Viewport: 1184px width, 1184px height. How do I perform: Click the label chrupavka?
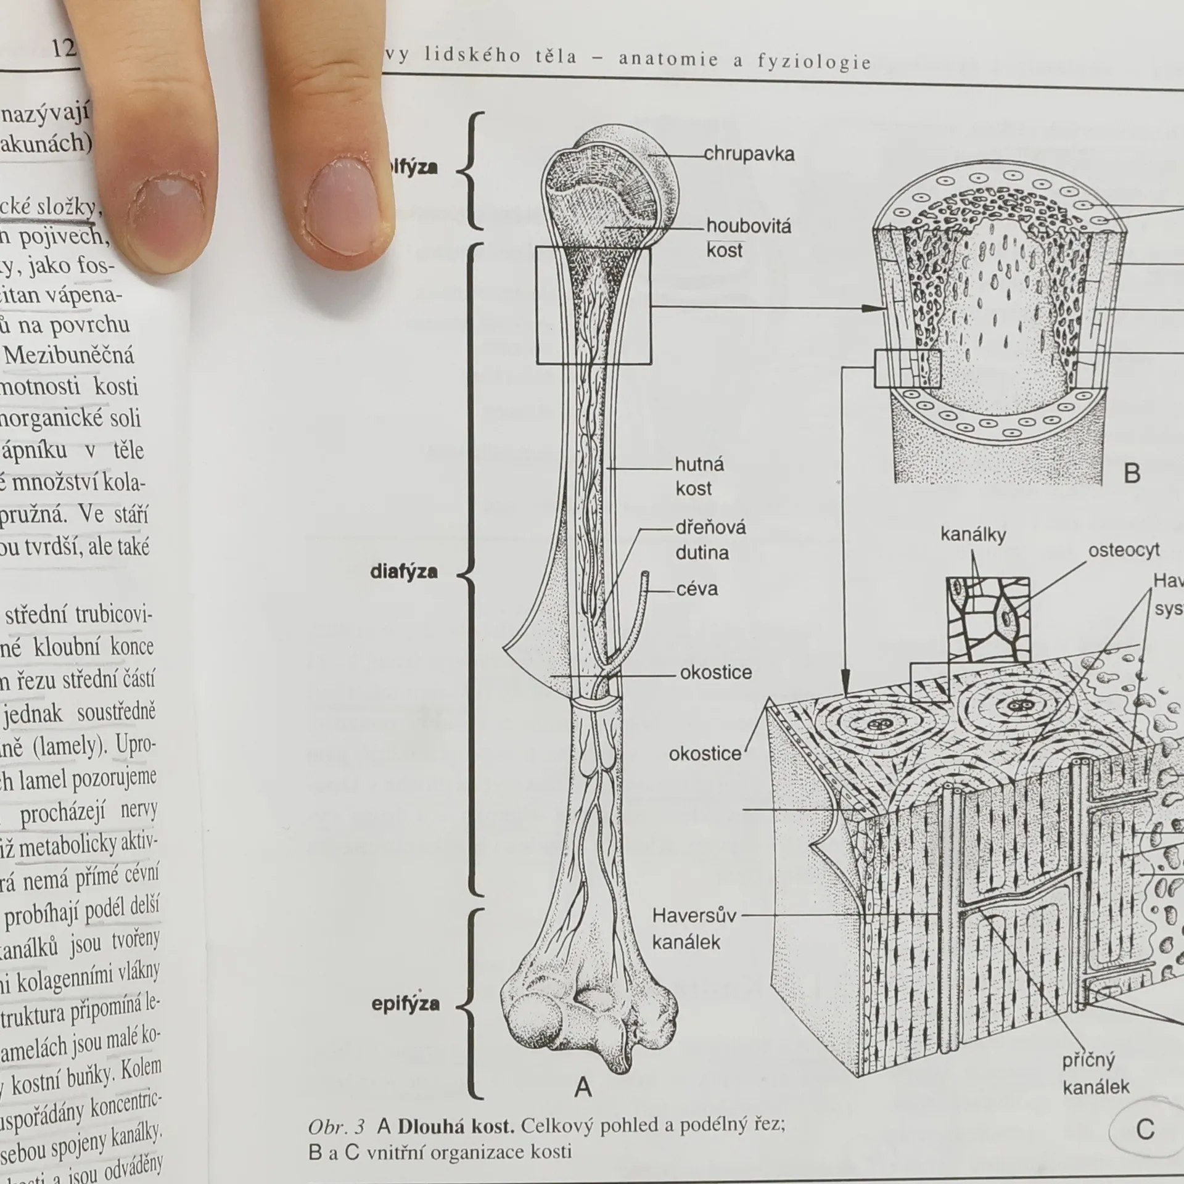(x=749, y=154)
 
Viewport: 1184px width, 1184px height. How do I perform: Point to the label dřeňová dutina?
(x=710, y=540)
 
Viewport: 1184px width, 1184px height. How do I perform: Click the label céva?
(x=697, y=589)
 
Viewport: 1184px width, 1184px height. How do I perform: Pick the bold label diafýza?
(x=404, y=572)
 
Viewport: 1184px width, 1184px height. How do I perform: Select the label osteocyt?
(x=1124, y=549)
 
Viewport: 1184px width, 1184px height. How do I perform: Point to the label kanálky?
(x=973, y=534)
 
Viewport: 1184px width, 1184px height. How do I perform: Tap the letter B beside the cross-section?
(x=1132, y=474)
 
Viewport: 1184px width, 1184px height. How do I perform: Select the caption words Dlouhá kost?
(x=456, y=1127)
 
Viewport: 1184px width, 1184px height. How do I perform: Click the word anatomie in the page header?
(x=668, y=59)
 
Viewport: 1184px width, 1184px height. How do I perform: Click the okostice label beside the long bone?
(x=715, y=672)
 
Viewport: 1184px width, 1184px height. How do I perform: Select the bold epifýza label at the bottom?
(x=405, y=1004)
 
